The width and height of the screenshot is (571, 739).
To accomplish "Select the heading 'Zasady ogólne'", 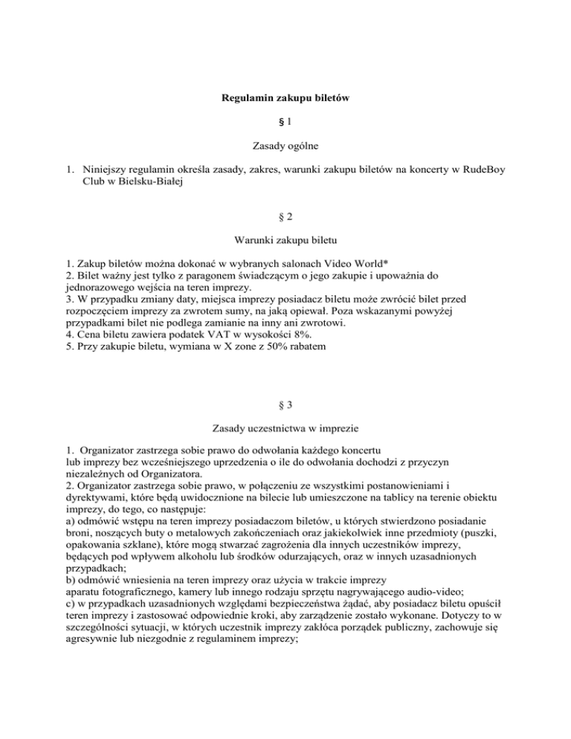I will click(285, 143).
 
